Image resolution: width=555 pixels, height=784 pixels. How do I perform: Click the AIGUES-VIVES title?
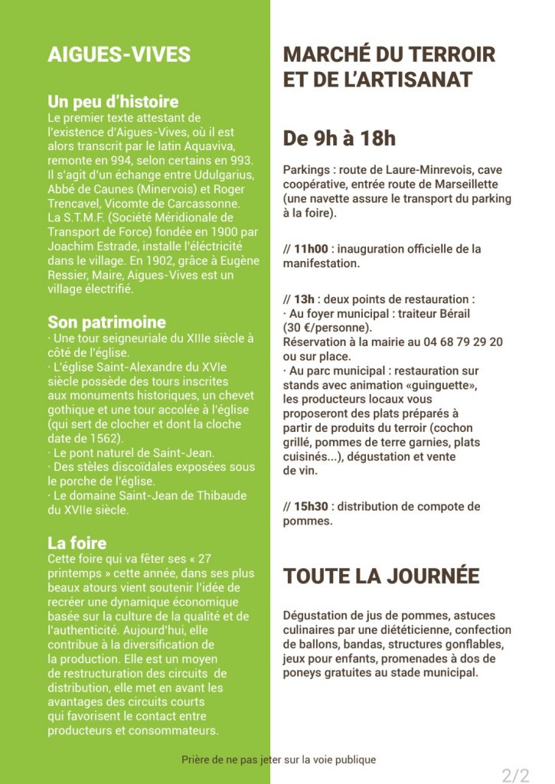pyautogui.click(x=119, y=54)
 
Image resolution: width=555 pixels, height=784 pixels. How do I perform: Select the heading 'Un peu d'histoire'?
pyautogui.click(x=113, y=102)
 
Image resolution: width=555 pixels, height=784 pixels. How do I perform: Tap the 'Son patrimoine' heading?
pyautogui.click(x=106, y=322)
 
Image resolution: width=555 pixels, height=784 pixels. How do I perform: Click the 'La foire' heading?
pyautogui.click(x=77, y=543)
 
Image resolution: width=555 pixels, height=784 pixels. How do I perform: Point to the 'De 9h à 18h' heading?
pyautogui.click(x=339, y=139)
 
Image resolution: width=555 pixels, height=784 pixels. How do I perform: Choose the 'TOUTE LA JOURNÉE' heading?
pyautogui.click(x=381, y=577)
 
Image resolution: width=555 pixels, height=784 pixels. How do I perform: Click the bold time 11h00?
pyautogui.click(x=311, y=249)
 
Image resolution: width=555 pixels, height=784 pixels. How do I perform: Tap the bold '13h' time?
pyautogui.click(x=304, y=299)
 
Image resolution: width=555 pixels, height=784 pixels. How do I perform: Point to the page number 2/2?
pyautogui.click(x=515, y=775)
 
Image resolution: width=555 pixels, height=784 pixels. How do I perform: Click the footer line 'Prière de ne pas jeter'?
pyautogui.click(x=279, y=759)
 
